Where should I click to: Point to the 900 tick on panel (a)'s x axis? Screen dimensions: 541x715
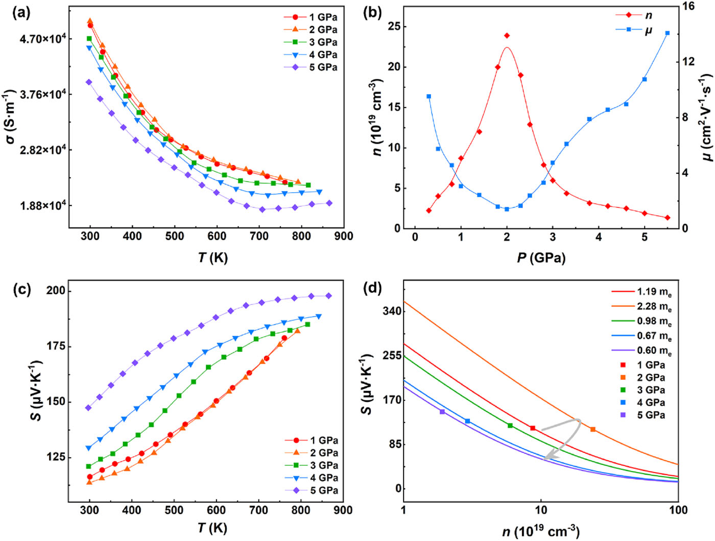tap(344, 236)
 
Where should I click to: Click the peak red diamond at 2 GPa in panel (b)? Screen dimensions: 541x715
tap(507, 36)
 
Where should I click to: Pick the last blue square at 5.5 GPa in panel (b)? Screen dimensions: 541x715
tap(667, 33)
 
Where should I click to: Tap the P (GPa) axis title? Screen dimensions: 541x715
tap(541, 257)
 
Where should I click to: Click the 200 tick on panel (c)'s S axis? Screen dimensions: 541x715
tap(56, 291)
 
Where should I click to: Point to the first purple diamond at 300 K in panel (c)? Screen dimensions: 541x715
tap(88, 408)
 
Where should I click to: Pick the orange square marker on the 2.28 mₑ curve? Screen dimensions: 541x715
tap(592, 430)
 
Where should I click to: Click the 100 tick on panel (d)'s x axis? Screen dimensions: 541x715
tap(678, 510)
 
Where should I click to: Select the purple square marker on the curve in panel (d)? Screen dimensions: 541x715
tap(442, 412)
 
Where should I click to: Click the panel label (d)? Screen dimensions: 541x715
tap(372, 288)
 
